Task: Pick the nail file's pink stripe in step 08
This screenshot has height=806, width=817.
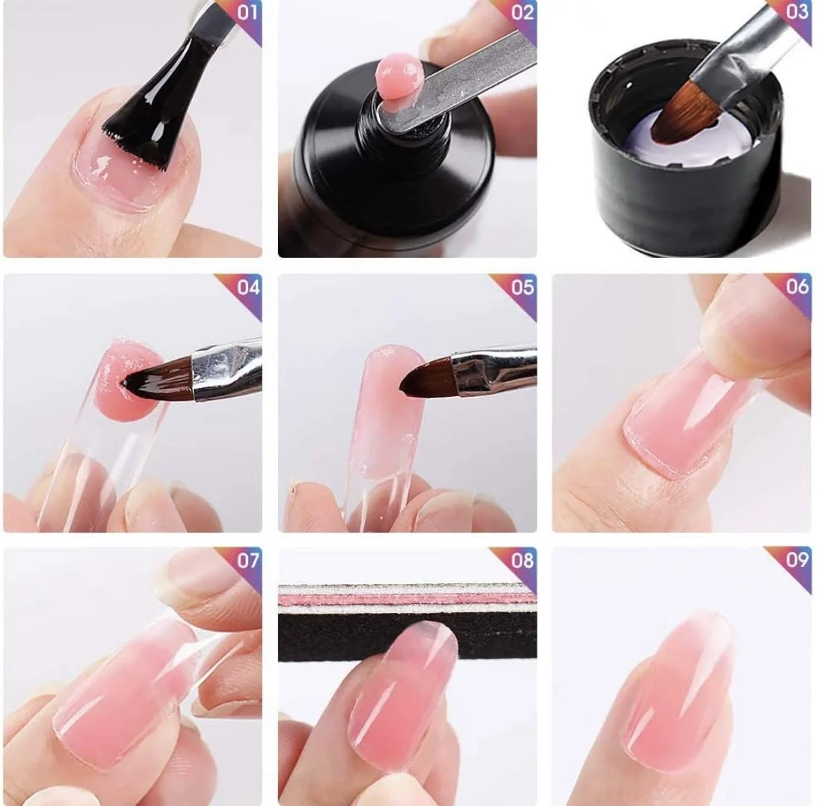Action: point(407,598)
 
